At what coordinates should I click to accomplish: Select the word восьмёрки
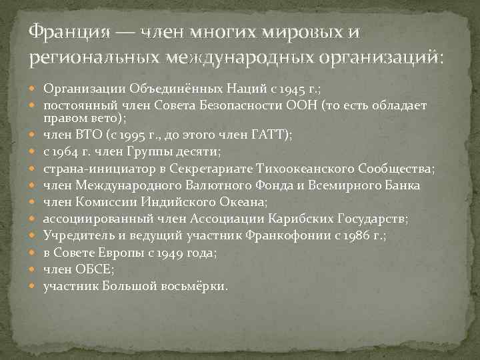(x=197, y=285)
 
